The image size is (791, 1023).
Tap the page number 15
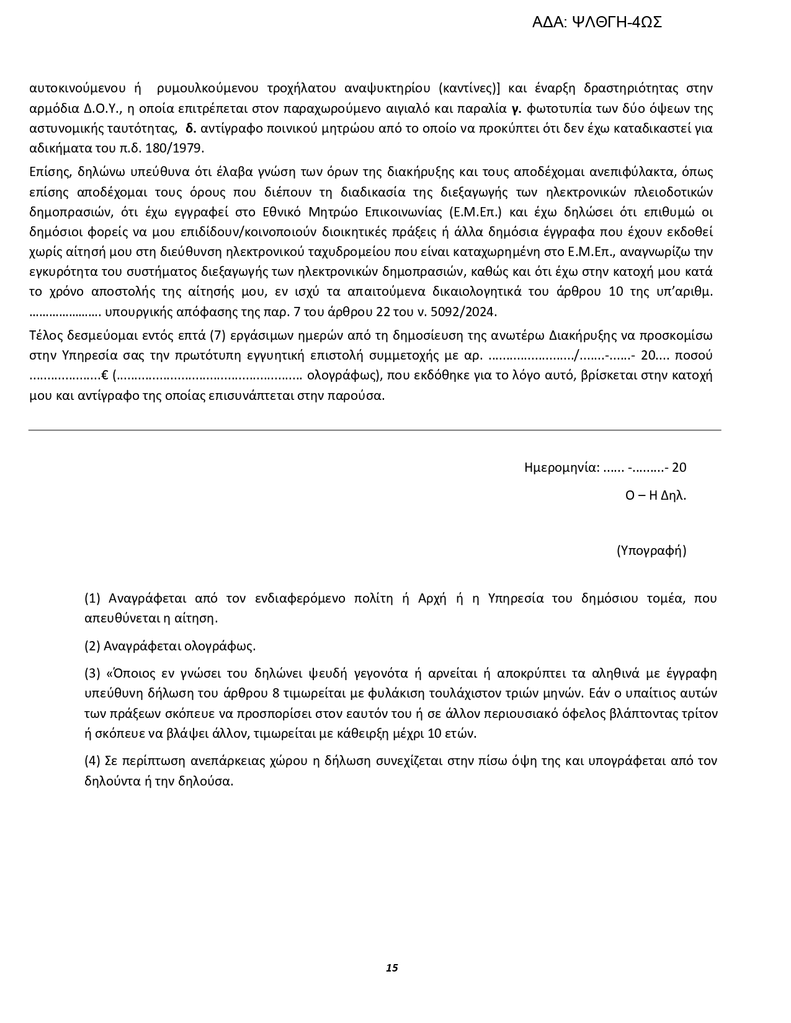pyautogui.click(x=391, y=968)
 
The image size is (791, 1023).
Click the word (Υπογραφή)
pyautogui.click(x=651, y=551)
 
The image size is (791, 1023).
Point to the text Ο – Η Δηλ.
pyautogui.click(x=655, y=495)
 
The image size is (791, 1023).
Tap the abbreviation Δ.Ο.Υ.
pyautogui.click(x=102, y=108)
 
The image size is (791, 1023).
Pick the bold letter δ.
pyautogui.click(x=191, y=129)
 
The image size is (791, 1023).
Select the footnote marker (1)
pyautogui.click(x=92, y=598)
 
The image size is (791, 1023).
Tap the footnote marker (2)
pyautogui.click(x=92, y=646)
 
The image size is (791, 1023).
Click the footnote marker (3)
pyautogui.click(x=92, y=673)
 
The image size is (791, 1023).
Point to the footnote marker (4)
pyautogui.click(x=92, y=761)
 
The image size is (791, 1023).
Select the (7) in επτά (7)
pyautogui.click(x=216, y=336)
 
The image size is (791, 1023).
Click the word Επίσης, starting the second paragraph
pyautogui.click(x=50, y=172)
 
